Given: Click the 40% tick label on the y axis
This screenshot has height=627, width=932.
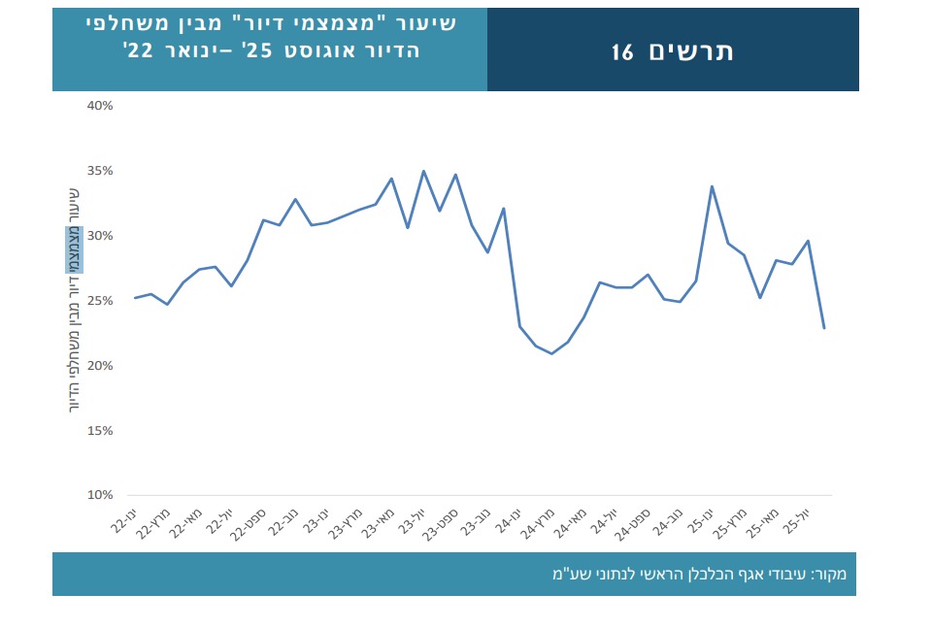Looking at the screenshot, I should pos(102,105).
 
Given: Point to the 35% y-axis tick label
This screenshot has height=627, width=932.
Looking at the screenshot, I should pos(102,170).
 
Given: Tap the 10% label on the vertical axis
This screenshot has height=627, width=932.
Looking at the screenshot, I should pos(102,495).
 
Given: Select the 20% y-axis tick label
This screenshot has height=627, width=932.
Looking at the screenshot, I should pos(102,365).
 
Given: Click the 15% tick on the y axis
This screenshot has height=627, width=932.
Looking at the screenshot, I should pos(102,430).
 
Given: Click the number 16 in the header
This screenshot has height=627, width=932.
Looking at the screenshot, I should pos(622,52).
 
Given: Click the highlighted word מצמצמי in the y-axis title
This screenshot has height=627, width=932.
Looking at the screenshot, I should pos(74,249).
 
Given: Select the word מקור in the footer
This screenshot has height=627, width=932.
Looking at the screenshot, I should pos(830,574).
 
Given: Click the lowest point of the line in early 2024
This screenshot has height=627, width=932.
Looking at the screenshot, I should pos(551,353).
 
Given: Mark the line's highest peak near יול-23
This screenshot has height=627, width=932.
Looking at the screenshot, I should pos(423,171).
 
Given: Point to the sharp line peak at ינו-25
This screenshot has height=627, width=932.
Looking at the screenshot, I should pos(712,186).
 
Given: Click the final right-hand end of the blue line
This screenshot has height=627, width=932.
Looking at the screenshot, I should pos(824,328).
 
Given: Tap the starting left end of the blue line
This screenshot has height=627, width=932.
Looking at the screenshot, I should pos(135,298).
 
